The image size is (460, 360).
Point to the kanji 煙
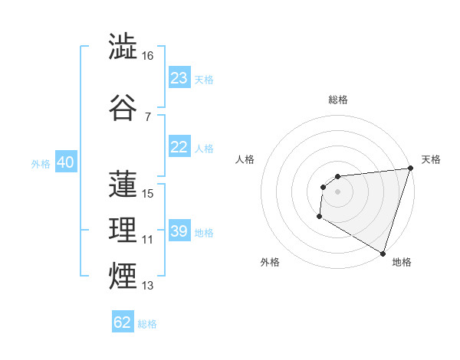[x=123, y=274]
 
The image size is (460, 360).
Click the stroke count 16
[x=148, y=56]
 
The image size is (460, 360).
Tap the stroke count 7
[x=147, y=116]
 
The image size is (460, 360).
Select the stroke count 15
[x=148, y=194]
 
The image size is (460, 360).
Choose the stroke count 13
[x=148, y=286]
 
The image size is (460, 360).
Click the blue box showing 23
[x=179, y=78]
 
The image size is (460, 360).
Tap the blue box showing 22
[x=179, y=147]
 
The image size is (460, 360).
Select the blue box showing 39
[x=179, y=231]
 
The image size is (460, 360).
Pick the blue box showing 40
[x=65, y=162]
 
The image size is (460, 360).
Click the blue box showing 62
[x=123, y=322]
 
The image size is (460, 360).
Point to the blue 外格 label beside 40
[x=40, y=163]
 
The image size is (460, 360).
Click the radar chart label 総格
[x=337, y=100]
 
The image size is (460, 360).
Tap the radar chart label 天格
[x=431, y=159]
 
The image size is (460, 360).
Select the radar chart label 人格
[x=245, y=159]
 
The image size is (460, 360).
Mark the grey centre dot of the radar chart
[x=337, y=191]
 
